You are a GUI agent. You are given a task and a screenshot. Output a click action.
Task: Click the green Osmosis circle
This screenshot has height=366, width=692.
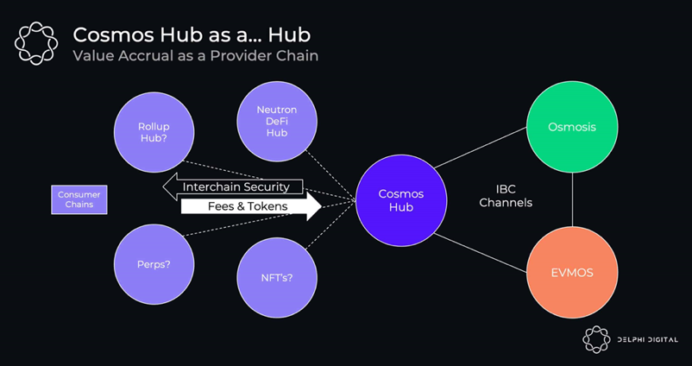pos(572,127)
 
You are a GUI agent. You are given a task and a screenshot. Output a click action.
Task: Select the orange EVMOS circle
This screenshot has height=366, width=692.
pos(572,272)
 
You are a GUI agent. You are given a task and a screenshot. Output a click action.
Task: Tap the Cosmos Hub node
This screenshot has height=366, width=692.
pos(399,199)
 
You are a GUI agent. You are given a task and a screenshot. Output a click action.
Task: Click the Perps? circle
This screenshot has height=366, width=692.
pos(154,263)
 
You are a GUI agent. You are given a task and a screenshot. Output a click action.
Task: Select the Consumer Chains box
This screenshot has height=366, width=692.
pos(79,199)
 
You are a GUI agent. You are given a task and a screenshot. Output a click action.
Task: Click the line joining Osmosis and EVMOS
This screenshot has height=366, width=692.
pos(572,199)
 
